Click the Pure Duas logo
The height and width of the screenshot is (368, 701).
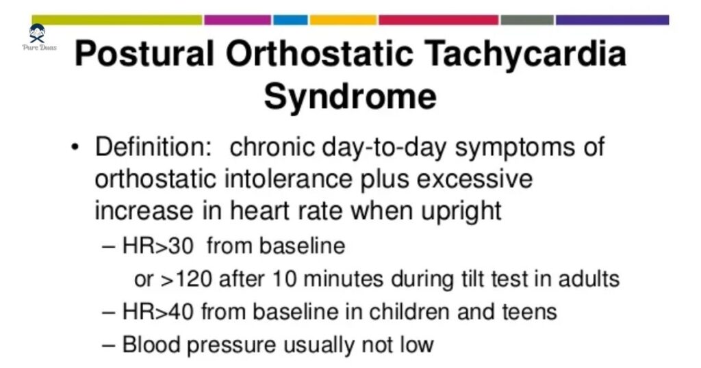click(x=39, y=38)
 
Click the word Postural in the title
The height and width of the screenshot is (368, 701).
click(x=144, y=53)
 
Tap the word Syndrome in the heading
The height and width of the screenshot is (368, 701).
click(x=350, y=96)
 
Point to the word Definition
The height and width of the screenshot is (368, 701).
click(x=153, y=146)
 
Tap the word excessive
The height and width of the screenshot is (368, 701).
click(x=474, y=179)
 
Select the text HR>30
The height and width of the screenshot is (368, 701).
click(x=158, y=246)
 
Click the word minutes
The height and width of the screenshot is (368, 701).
click(x=343, y=278)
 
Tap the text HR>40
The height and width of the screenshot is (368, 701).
click(x=158, y=311)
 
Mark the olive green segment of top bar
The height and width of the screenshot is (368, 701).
click(x=117, y=20)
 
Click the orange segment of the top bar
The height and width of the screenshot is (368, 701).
click(x=344, y=20)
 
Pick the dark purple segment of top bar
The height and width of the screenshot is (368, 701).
click(x=613, y=20)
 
